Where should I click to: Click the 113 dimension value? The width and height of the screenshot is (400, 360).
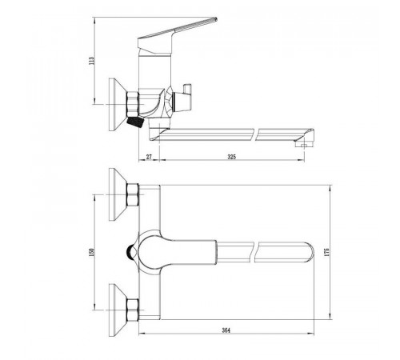[x=91, y=62]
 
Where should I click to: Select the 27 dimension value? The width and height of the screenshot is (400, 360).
[x=149, y=157]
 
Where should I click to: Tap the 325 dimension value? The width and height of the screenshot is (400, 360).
[x=232, y=157]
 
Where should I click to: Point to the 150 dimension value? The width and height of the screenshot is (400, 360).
[x=91, y=251]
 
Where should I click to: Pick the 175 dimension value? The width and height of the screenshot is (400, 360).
[x=327, y=252]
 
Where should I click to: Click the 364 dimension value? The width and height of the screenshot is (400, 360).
[x=226, y=330]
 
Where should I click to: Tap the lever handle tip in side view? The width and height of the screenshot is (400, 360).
[x=215, y=19]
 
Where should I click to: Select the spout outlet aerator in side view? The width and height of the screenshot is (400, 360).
[x=304, y=145]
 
